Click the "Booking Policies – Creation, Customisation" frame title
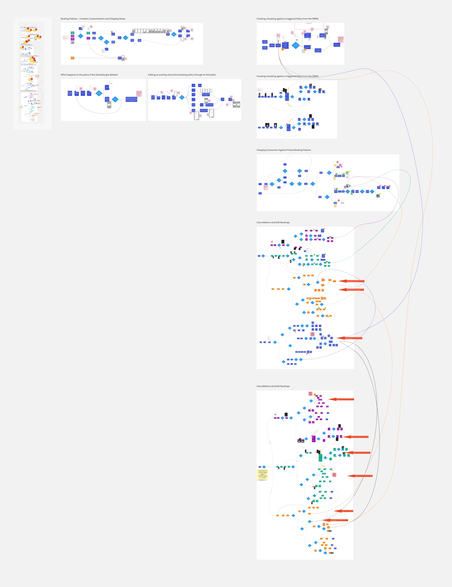[93, 19]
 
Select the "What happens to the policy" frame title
[89, 75]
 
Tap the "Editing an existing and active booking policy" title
[182, 75]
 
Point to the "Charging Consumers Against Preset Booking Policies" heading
[284, 150]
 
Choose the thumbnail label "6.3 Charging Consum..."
[30, 56]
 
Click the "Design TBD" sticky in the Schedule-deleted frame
[139, 93]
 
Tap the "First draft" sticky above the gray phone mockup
[327, 27]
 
